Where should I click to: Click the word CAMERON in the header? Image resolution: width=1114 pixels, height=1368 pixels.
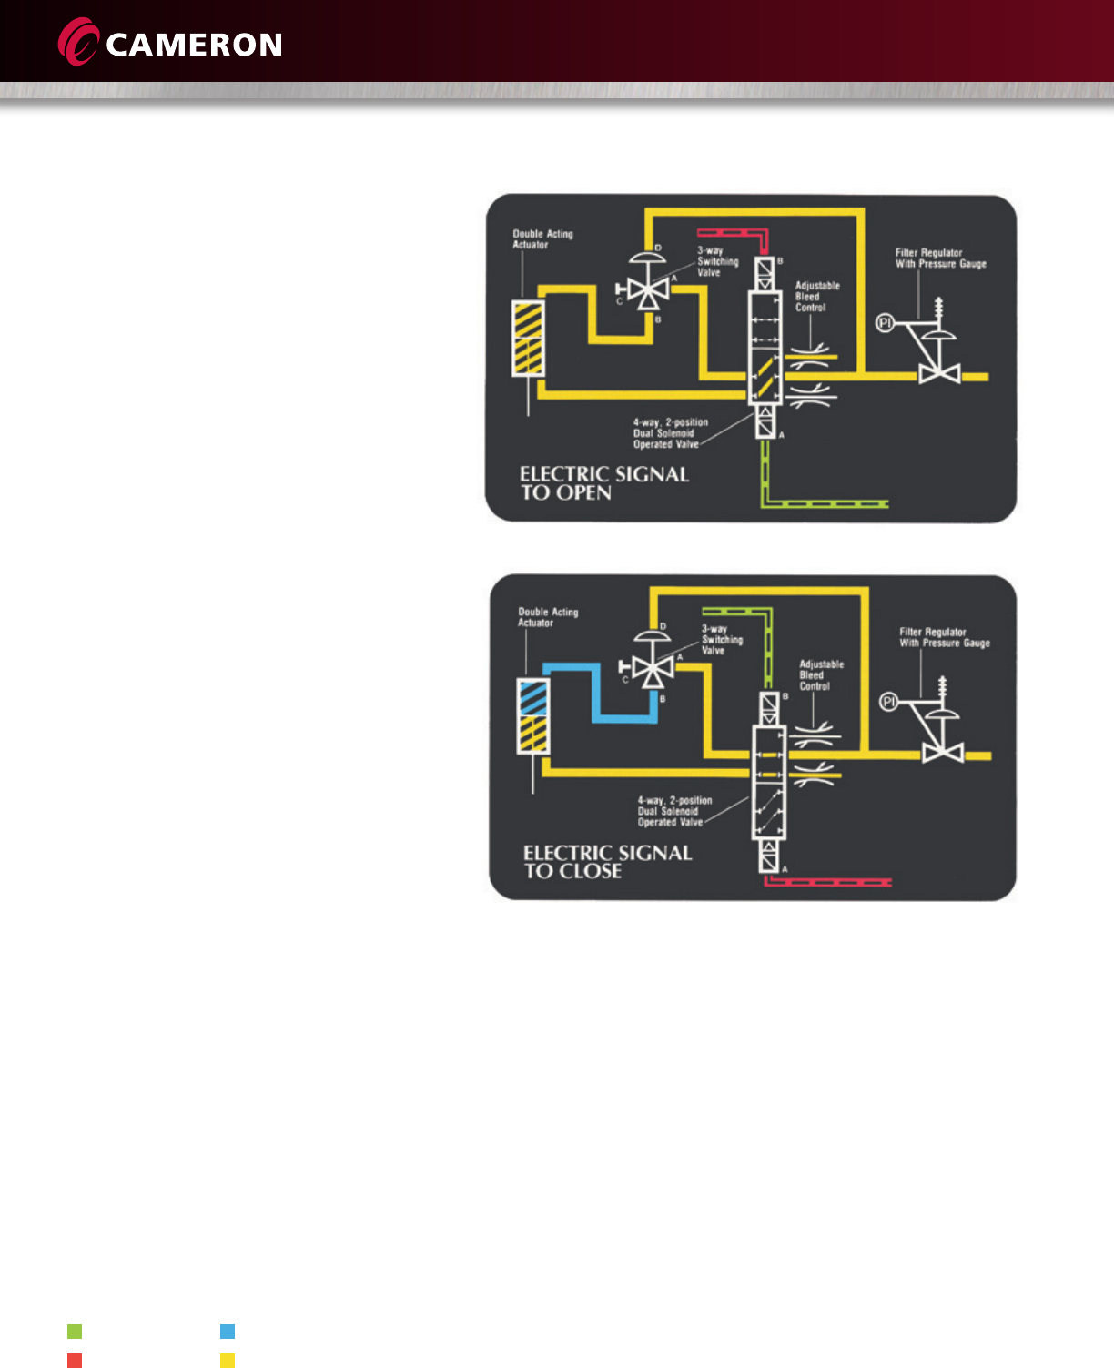(x=194, y=46)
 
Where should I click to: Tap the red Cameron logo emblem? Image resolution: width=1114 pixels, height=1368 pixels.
(x=78, y=43)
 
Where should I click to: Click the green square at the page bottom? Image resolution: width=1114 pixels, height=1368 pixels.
(x=75, y=1332)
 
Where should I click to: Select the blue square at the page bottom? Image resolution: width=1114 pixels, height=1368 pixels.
(x=228, y=1332)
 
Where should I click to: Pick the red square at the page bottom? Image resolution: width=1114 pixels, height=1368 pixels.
(x=75, y=1361)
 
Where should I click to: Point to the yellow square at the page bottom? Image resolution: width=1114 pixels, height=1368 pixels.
(x=228, y=1361)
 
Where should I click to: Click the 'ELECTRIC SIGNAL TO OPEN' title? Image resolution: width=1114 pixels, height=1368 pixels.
(x=603, y=483)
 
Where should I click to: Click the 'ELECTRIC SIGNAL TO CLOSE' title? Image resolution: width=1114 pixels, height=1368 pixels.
(x=607, y=862)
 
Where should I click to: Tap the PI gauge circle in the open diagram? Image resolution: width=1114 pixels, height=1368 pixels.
(x=885, y=322)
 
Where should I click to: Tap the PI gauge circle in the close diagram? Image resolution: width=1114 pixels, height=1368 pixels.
(x=889, y=701)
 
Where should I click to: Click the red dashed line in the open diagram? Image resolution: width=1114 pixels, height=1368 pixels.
(x=734, y=233)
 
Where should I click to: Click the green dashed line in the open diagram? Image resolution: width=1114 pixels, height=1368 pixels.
(x=824, y=502)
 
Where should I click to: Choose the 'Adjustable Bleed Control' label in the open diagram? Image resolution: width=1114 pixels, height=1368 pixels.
(x=816, y=297)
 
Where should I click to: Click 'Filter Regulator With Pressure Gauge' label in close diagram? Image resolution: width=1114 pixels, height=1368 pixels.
(x=944, y=637)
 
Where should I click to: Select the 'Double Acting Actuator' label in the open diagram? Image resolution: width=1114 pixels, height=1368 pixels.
(x=542, y=239)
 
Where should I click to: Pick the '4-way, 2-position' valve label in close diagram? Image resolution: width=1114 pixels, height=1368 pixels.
(x=673, y=811)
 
